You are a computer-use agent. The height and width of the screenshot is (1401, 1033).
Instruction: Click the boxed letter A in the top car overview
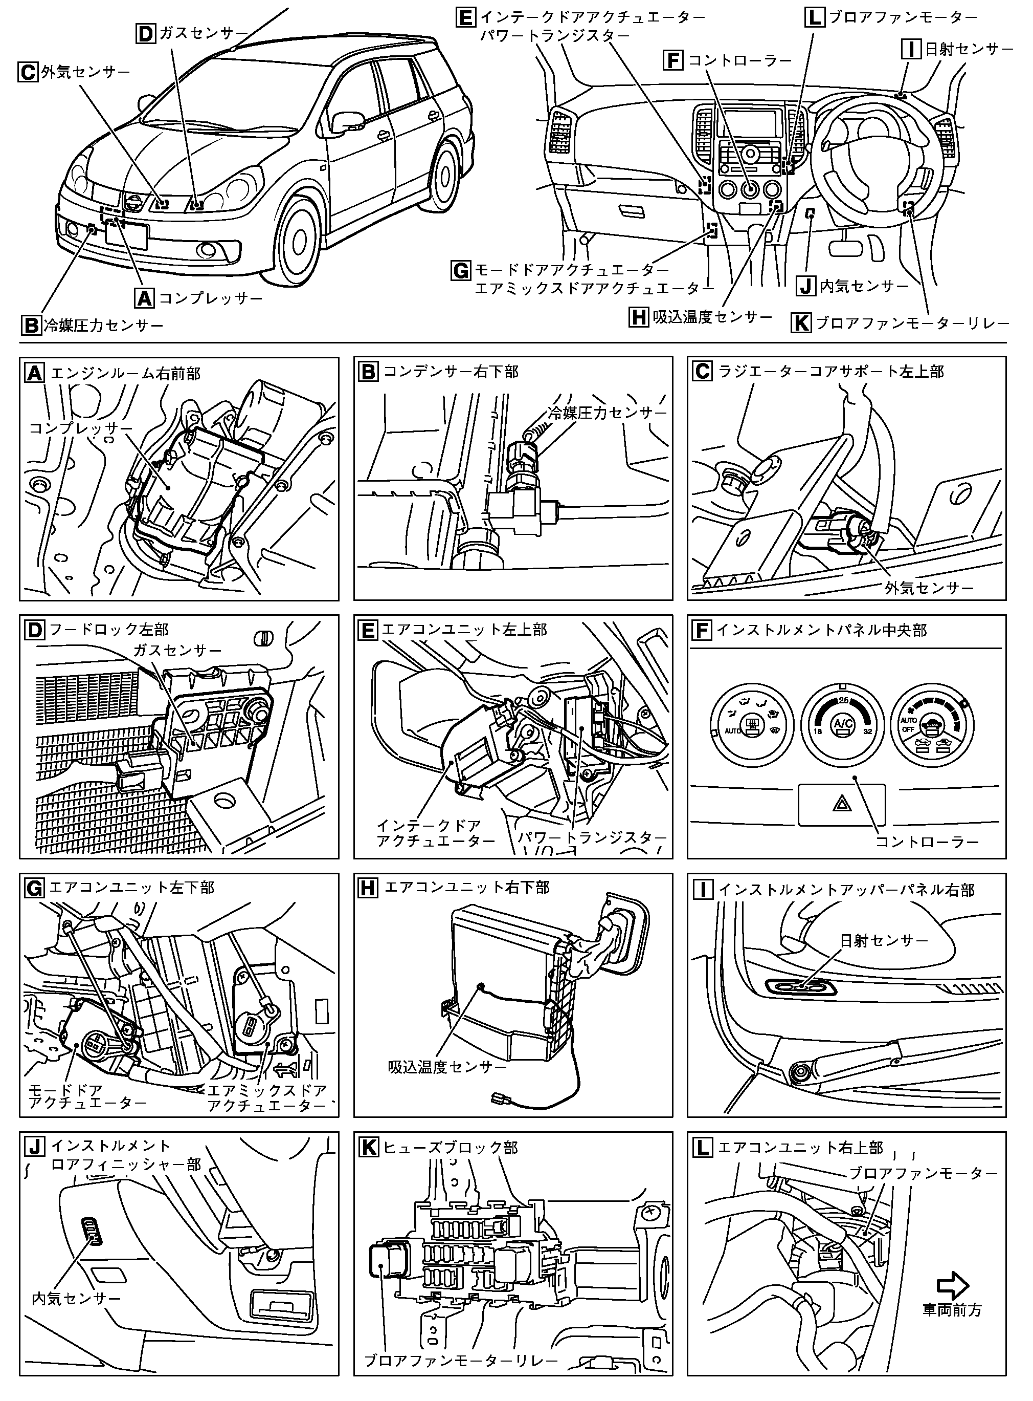(144, 298)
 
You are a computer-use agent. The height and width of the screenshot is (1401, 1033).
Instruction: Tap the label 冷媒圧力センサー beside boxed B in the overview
(103, 326)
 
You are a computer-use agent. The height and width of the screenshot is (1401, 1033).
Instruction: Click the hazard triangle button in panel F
(841, 805)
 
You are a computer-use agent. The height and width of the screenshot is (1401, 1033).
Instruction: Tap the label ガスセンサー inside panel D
(177, 650)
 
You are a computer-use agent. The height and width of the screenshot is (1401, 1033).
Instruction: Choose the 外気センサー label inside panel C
(929, 588)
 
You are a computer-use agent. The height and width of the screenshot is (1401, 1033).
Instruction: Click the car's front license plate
(126, 236)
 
